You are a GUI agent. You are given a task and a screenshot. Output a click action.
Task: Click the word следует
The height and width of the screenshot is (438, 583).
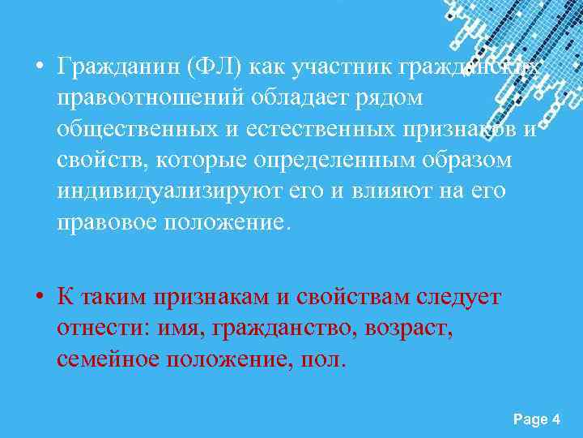click(x=457, y=297)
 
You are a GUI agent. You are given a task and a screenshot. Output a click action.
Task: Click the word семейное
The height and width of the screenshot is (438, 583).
click(x=109, y=359)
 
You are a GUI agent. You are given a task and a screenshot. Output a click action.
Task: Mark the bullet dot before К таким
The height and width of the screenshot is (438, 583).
click(x=39, y=297)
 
